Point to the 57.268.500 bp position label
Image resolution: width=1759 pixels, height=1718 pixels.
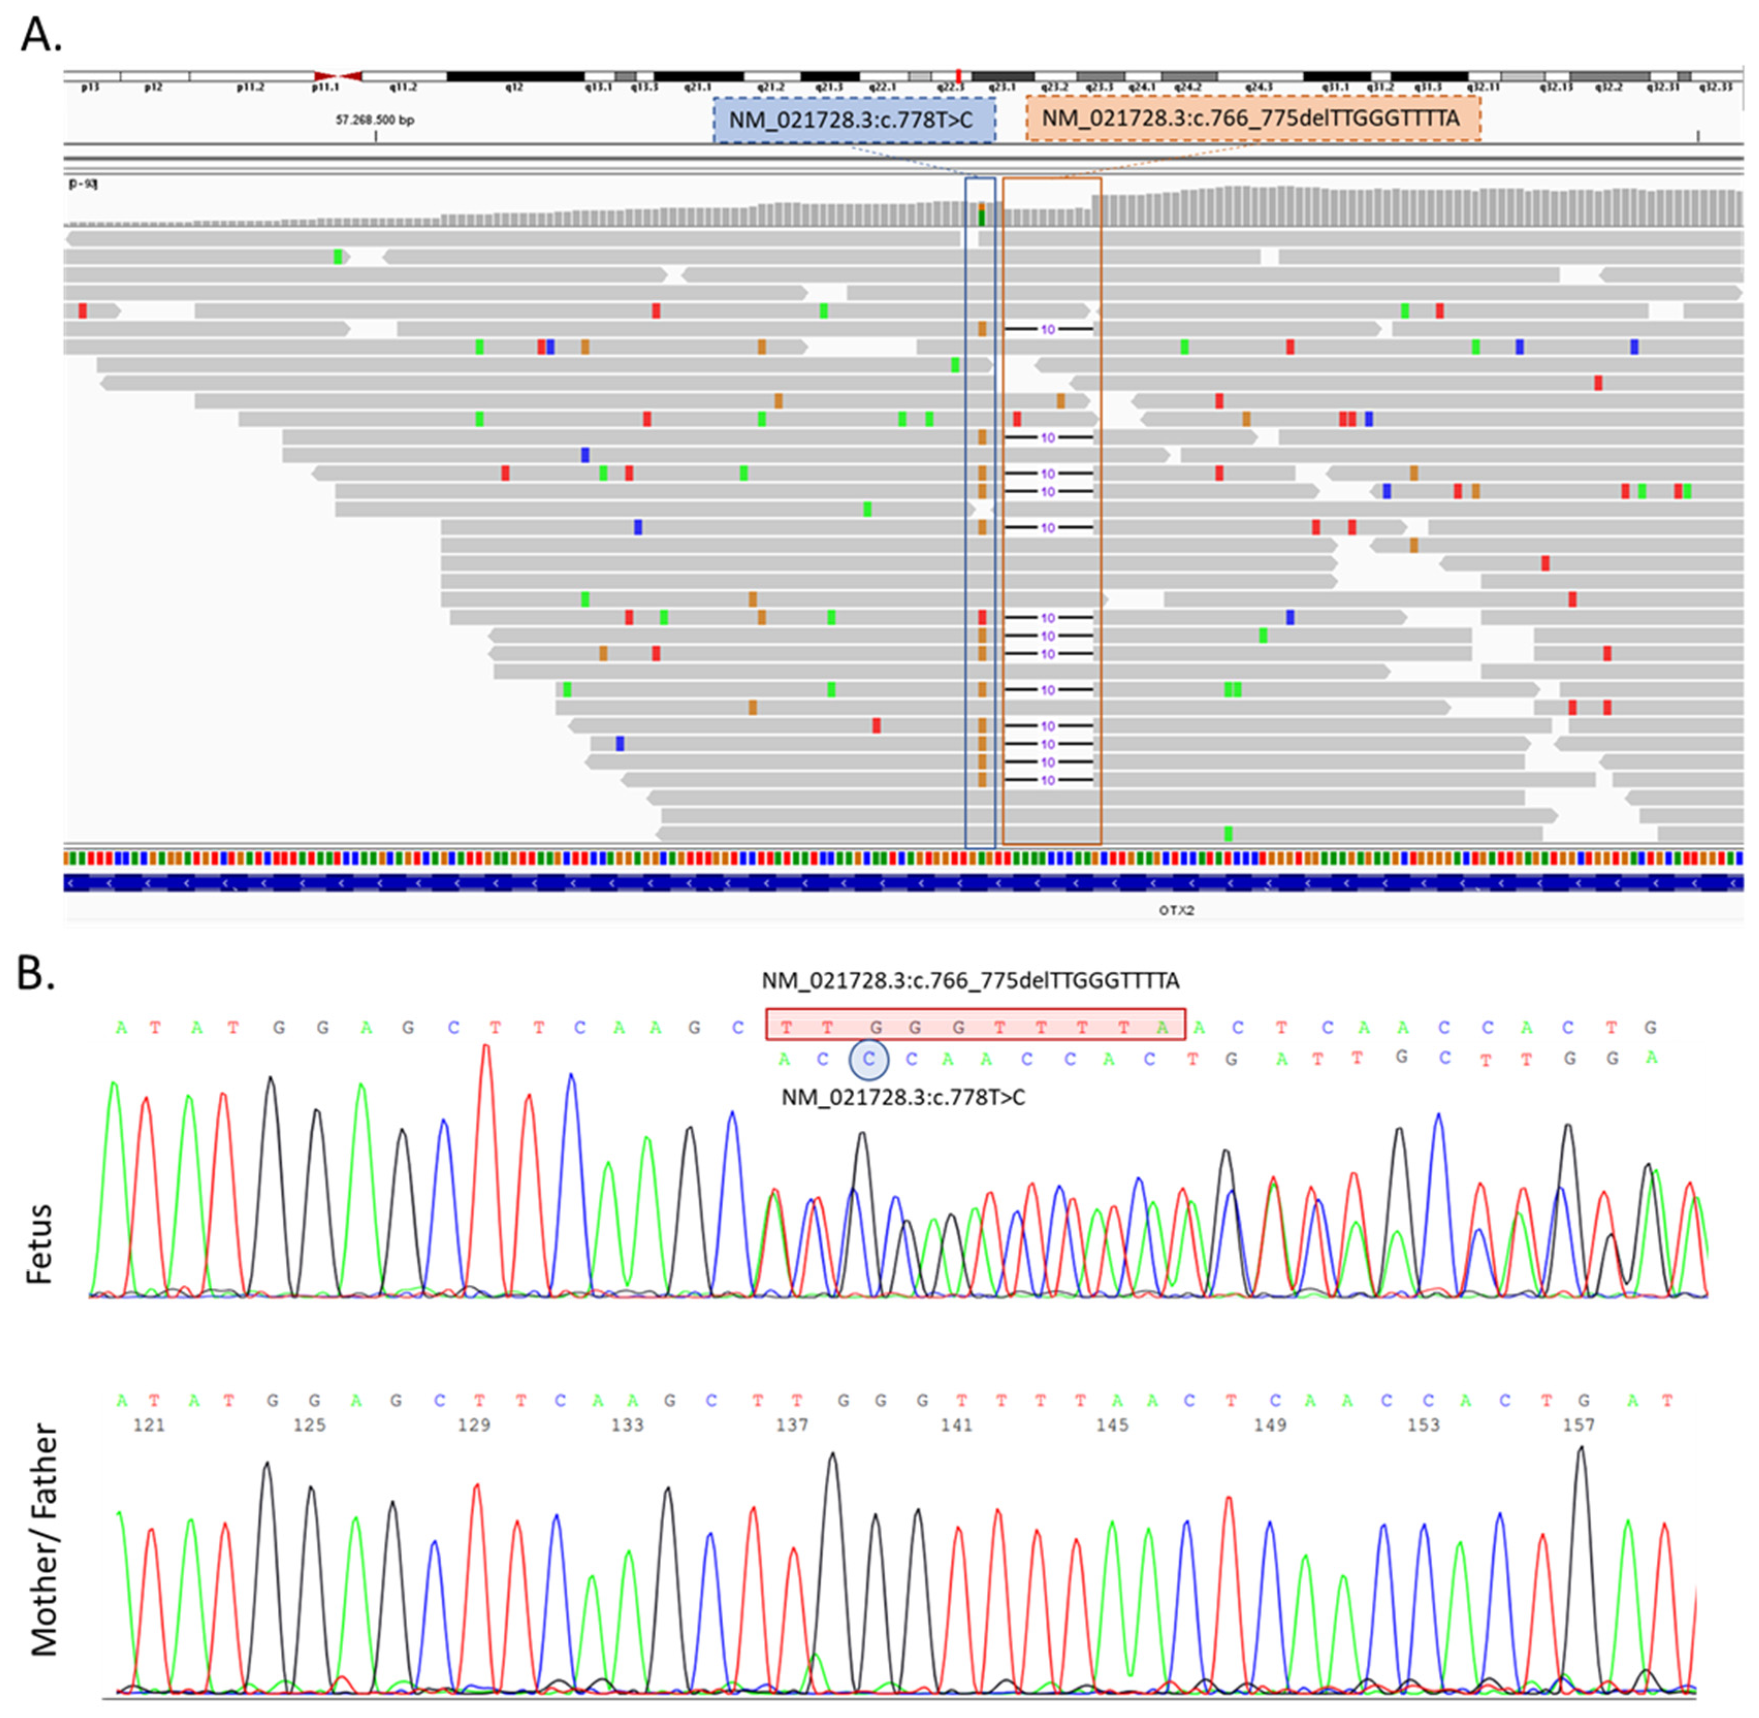(375, 119)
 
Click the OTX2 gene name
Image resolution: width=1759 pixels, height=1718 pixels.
(1176, 911)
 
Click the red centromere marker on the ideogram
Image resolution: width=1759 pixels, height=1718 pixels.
(339, 77)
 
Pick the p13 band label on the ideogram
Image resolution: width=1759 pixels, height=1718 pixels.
(89, 88)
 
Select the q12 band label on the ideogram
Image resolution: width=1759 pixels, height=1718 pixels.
(514, 88)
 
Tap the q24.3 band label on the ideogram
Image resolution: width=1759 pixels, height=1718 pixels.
(1258, 88)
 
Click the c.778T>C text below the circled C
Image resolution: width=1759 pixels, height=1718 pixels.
(903, 1097)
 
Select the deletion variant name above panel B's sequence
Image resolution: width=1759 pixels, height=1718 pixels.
(970, 980)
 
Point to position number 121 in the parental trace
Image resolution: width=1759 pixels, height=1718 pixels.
(149, 1425)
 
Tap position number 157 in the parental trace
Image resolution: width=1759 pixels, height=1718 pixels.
(1578, 1425)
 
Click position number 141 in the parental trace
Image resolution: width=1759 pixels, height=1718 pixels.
(957, 1425)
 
